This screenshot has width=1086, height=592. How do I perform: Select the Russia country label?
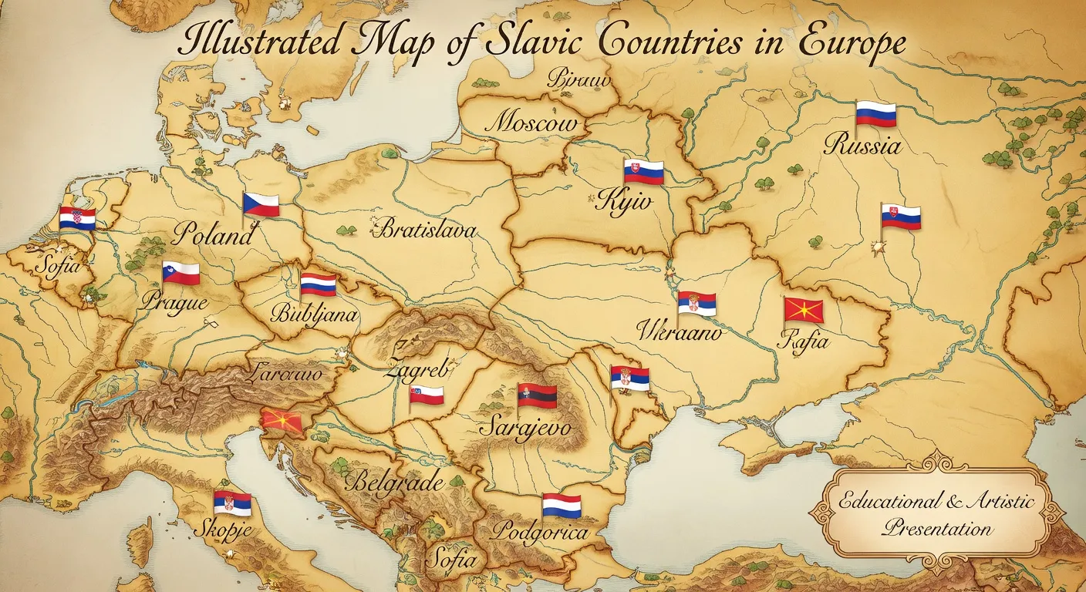(x=862, y=144)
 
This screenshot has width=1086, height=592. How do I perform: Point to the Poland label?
(x=212, y=234)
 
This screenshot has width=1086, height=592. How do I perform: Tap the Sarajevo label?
(x=524, y=427)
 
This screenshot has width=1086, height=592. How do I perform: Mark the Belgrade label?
(x=394, y=483)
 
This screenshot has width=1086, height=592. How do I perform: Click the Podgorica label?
(x=540, y=533)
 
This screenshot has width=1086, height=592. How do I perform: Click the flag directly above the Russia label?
(x=876, y=115)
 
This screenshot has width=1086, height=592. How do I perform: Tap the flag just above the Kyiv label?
(x=644, y=171)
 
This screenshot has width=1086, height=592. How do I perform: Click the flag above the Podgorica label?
(x=562, y=506)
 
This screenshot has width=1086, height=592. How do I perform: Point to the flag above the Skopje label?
(x=233, y=504)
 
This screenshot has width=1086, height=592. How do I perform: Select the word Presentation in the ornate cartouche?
(x=938, y=529)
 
